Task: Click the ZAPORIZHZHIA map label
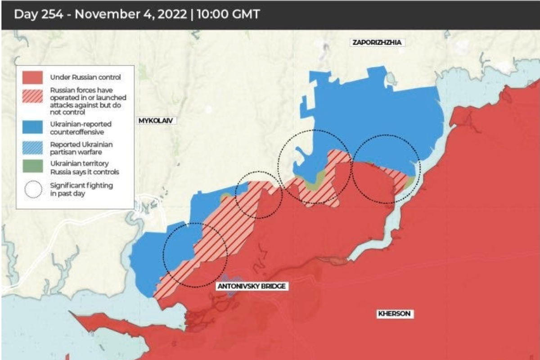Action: coord(377,43)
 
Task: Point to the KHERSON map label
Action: coord(394,314)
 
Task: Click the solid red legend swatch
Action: coord(33,77)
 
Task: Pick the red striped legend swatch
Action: coord(33,98)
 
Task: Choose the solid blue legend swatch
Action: coord(33,127)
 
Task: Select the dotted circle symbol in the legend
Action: coord(33,189)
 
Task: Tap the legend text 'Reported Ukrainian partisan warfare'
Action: coord(81,148)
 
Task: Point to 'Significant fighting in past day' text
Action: coord(81,189)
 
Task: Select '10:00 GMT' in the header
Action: coord(229,14)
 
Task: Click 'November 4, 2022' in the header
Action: coord(130,14)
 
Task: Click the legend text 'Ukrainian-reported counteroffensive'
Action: coord(81,127)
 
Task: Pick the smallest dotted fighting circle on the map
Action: coord(259,194)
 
